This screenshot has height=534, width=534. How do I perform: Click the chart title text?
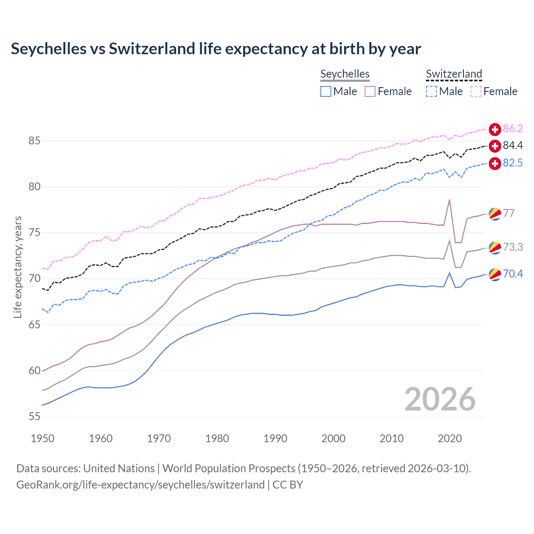216,49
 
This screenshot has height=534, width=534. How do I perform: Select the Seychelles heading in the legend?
345,74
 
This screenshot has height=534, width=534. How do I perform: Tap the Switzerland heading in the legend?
454,74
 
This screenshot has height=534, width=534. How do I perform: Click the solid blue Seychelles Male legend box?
326,91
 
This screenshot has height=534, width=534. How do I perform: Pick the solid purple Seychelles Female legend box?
370,91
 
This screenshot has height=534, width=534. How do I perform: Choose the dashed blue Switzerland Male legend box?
431,91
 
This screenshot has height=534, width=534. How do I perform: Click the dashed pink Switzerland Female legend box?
476,91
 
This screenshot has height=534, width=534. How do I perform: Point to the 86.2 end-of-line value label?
513,128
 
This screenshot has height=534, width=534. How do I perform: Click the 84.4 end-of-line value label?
513,145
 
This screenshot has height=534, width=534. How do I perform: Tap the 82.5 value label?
513,163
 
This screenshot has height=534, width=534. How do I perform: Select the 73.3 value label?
513,247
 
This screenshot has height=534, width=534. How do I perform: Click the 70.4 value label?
513,274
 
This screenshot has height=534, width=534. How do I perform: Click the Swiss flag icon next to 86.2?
495,129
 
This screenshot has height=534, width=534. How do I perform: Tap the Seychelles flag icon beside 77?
495,214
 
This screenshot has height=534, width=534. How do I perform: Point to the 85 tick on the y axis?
35,141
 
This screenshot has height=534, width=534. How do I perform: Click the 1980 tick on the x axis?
217,438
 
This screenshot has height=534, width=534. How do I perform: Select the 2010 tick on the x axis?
391,438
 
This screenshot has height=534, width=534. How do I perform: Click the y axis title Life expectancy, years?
18,267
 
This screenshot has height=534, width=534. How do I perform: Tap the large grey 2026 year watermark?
440,399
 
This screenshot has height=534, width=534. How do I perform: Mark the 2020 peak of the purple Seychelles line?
449,200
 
